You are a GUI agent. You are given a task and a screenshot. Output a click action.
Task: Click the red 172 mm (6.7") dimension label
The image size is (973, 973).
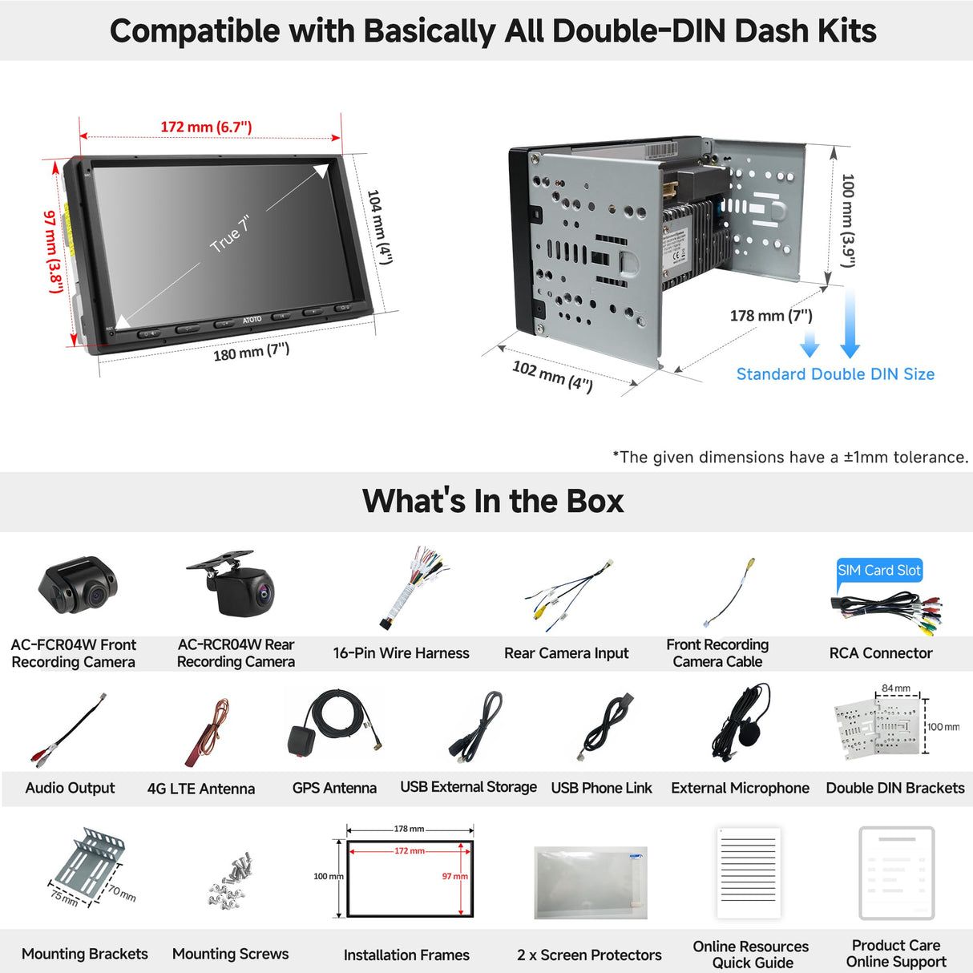click(x=206, y=127)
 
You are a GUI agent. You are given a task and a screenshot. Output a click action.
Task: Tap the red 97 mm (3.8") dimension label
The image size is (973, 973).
click(x=53, y=252)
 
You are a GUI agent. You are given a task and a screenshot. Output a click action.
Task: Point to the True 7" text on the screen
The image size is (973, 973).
click(x=230, y=234)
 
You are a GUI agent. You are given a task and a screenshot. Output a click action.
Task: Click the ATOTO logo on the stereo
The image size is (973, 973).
click(x=252, y=319)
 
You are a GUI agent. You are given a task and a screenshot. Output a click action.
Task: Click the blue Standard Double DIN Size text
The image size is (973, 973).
click(x=835, y=373)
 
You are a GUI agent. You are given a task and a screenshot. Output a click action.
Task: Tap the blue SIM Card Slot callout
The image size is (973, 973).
click(x=879, y=571)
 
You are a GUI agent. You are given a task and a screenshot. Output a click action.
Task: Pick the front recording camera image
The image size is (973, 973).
click(x=77, y=586)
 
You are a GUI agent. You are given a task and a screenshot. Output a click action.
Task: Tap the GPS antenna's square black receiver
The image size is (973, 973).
click(x=302, y=741)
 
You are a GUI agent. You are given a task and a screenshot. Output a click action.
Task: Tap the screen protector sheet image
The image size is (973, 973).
click(x=590, y=882)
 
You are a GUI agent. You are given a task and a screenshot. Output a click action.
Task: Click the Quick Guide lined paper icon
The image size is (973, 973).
click(x=749, y=873)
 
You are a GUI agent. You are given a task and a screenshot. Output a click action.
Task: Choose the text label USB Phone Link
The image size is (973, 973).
click(x=601, y=788)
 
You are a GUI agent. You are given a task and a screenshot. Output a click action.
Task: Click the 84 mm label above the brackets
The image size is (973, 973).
click(x=896, y=688)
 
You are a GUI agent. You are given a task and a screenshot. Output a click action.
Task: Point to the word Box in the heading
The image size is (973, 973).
click(x=595, y=502)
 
